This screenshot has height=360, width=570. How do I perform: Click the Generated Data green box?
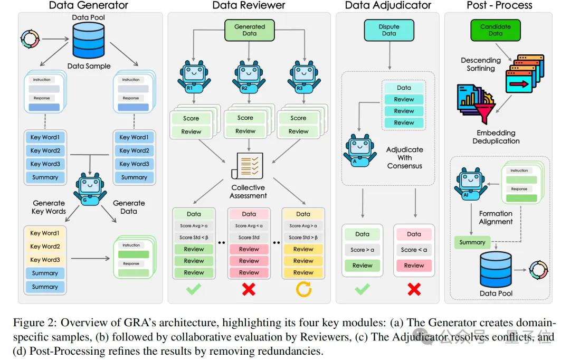(249, 30)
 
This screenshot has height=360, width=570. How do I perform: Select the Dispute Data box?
(388, 30)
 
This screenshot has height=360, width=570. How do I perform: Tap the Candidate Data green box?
(495, 30)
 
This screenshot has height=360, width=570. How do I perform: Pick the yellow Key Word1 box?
(45, 233)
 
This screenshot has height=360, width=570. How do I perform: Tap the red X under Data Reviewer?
(249, 289)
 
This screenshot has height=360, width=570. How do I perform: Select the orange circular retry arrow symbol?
(303, 289)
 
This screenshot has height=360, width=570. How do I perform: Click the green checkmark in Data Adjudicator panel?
(362, 289)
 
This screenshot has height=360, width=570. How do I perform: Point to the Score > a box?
(362, 250)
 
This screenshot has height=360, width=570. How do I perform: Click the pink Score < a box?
(414, 250)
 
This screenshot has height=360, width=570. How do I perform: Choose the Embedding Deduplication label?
(496, 137)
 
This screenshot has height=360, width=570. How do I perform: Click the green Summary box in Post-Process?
(472, 242)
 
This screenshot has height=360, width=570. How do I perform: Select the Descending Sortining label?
(481, 64)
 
